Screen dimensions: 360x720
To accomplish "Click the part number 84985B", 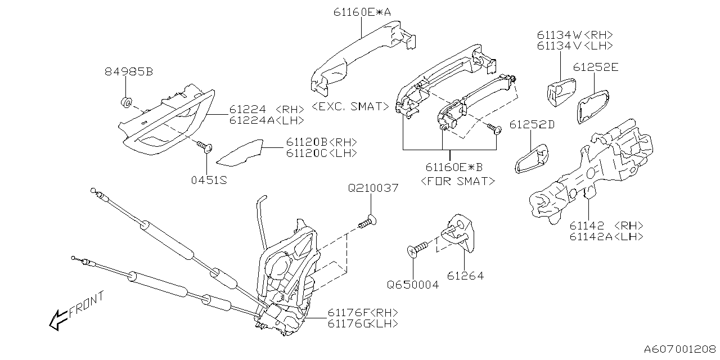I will [128, 72].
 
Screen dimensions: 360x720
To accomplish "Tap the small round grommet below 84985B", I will [127, 102].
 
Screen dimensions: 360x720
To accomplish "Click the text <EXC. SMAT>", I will [349, 106].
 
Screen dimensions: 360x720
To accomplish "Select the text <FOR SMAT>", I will [458, 181].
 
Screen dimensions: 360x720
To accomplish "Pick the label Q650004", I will [412, 285].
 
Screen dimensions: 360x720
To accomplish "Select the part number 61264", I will [465, 276].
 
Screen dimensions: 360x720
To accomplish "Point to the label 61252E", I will [596, 67].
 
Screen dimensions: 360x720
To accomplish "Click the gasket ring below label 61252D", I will [531, 156].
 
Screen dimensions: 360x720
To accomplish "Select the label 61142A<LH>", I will [606, 237].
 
